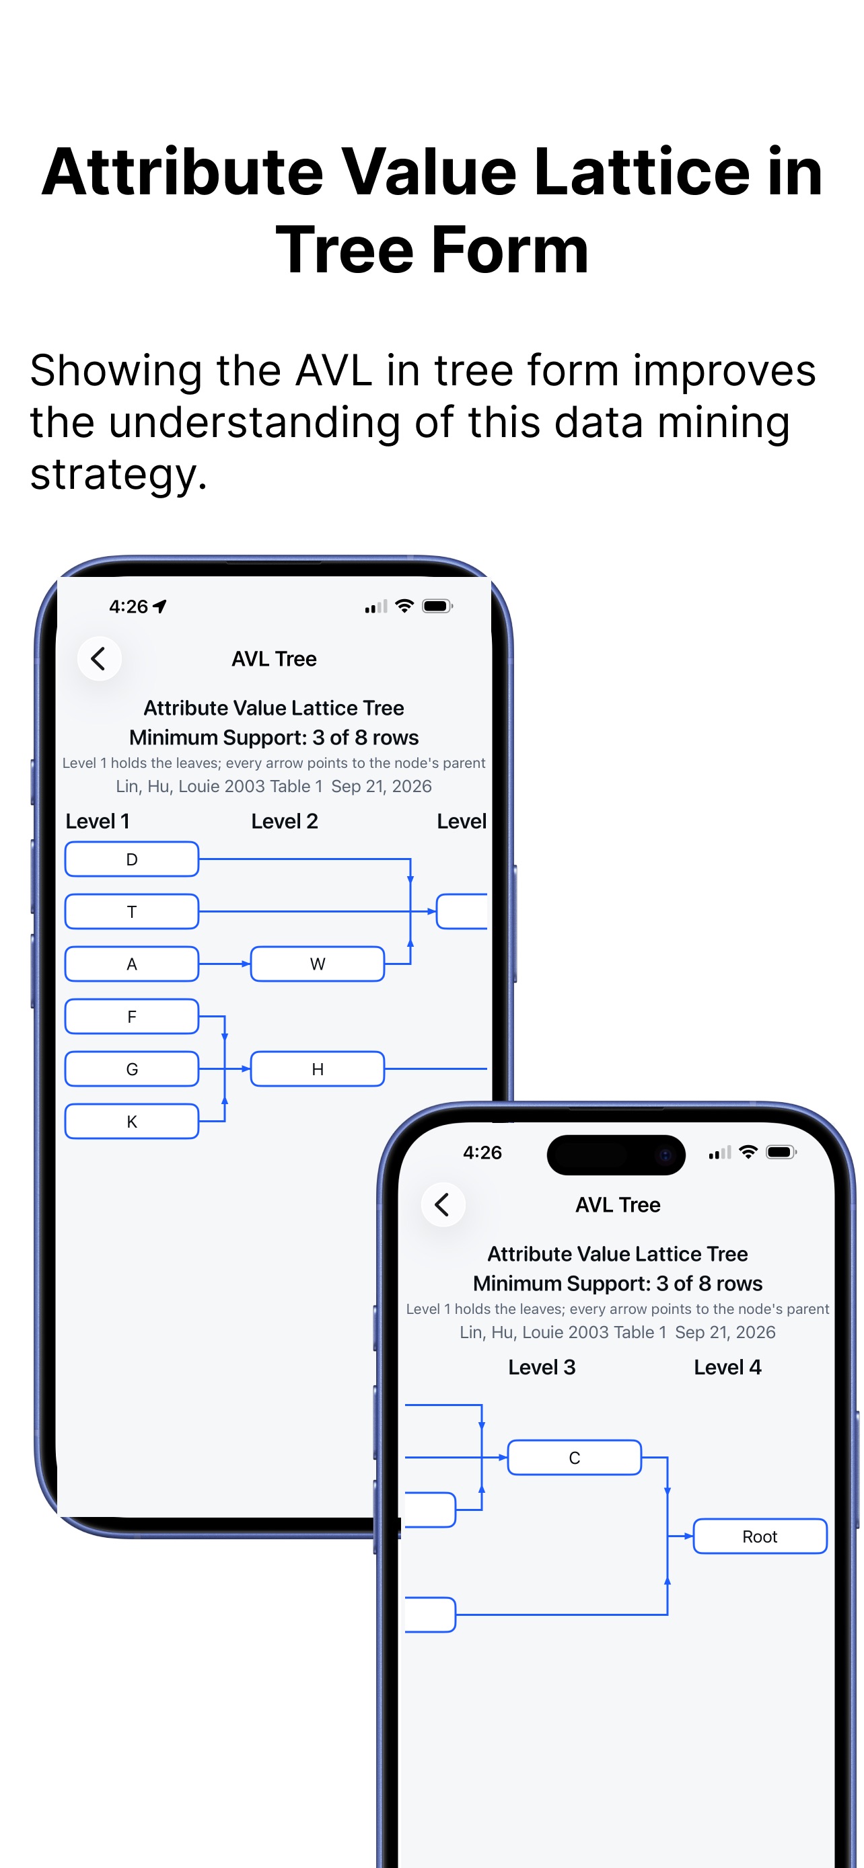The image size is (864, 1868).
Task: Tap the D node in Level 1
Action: click(131, 859)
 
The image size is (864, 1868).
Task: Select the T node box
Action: click(131, 912)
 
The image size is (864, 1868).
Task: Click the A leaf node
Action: click(131, 964)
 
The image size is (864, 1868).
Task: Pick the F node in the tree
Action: click(131, 1017)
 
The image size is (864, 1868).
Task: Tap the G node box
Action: click(131, 1069)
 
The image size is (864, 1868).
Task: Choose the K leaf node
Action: click(131, 1121)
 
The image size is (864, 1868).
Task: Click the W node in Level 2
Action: click(317, 964)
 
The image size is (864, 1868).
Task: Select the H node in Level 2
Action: click(317, 1069)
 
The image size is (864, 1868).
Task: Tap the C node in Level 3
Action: click(575, 1458)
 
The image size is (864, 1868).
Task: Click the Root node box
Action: click(760, 1536)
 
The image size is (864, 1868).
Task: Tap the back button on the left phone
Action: click(100, 658)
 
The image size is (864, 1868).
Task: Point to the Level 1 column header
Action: click(97, 821)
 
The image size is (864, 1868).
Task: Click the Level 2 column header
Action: click(285, 821)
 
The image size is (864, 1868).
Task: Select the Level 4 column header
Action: click(727, 1367)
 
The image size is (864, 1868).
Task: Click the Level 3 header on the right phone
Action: click(542, 1367)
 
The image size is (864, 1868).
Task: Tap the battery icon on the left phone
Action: click(437, 607)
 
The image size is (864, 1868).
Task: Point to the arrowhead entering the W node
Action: click(246, 964)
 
